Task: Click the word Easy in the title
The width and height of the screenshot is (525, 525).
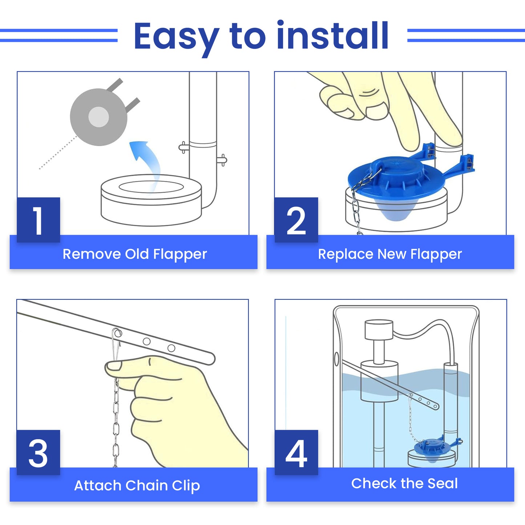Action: pos(176,36)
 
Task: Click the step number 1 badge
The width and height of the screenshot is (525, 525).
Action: pos(38,220)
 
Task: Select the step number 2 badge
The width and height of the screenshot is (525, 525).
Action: pos(296,220)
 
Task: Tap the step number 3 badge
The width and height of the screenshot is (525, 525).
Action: pos(38,453)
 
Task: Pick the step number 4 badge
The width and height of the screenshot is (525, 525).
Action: pos(296,453)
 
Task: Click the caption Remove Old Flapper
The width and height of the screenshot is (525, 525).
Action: pos(134,254)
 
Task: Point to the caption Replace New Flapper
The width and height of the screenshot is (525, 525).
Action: pos(390,254)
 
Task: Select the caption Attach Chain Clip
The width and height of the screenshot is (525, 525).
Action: pos(137,485)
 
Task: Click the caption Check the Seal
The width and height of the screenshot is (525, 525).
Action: pos(404,483)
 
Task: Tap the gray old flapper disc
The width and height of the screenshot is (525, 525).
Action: pos(98,117)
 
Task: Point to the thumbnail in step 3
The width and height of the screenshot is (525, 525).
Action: pos(114,366)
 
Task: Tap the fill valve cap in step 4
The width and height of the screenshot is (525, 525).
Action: pos(379,329)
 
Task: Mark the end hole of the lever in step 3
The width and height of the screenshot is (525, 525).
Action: pos(171,348)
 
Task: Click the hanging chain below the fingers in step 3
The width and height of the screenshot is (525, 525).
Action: pos(116,425)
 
